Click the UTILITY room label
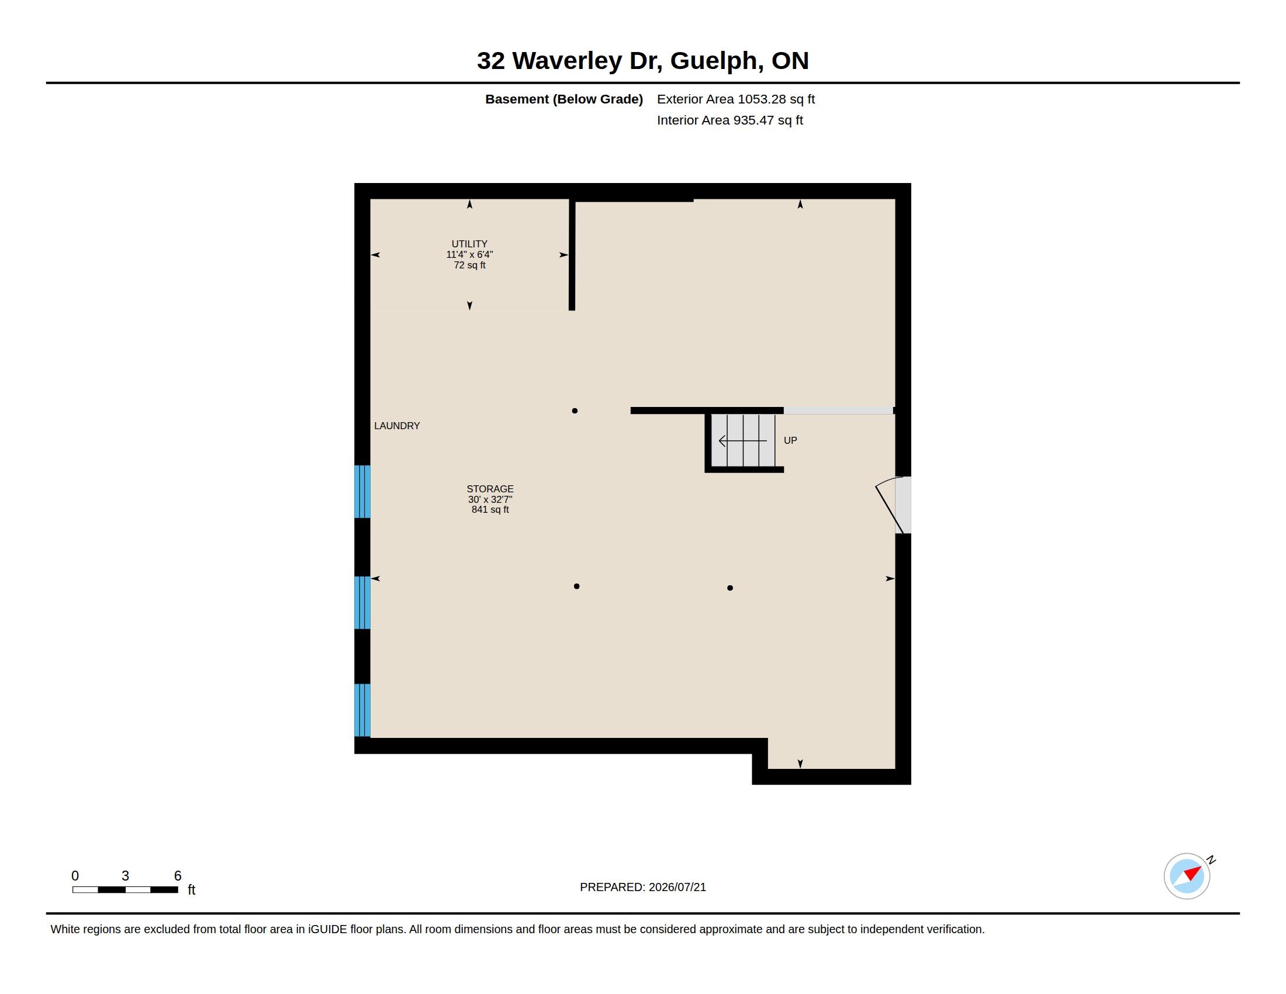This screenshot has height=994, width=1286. click(469, 244)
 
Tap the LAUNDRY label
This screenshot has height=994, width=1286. click(397, 426)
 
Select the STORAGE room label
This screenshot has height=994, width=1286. click(490, 489)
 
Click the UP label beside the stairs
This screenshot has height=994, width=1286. click(790, 440)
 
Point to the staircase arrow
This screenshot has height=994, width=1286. click(742, 440)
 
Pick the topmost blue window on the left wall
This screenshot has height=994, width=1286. click(362, 492)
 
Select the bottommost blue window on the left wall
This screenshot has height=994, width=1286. click(362, 710)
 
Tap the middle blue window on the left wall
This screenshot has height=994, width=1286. click(362, 602)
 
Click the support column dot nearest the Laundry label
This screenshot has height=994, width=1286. click(575, 411)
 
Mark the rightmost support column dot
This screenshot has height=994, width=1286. click(730, 588)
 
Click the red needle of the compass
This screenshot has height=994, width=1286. click(1194, 872)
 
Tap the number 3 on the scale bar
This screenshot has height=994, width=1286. click(126, 876)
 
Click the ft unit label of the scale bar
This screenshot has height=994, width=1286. click(191, 890)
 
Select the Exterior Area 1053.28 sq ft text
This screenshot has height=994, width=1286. click(735, 99)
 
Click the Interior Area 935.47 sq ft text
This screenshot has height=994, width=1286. click(730, 120)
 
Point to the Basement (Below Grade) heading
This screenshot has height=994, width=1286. click(564, 99)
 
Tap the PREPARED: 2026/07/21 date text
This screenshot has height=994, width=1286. click(643, 887)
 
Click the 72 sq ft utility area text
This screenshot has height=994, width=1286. click(469, 265)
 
